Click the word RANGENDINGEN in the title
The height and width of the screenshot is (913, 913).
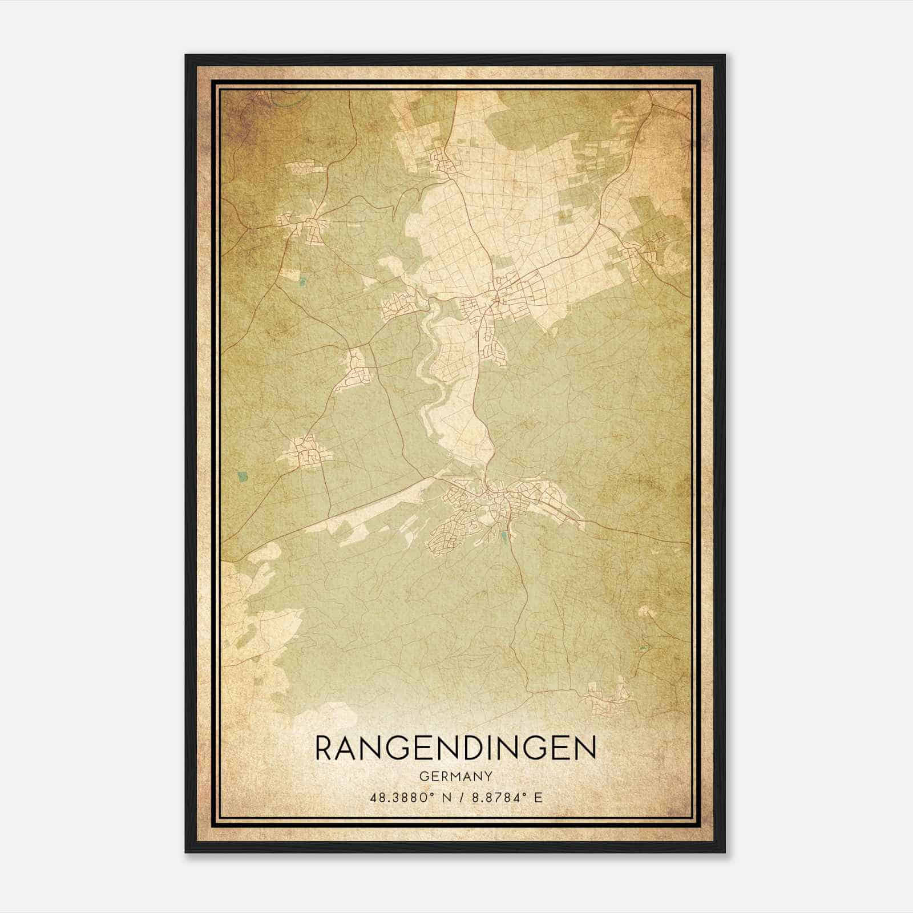455,748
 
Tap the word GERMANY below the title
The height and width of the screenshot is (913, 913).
455,777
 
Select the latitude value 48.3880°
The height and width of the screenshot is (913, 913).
403,797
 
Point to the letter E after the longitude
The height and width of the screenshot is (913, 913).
538,797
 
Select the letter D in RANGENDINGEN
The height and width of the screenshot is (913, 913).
476,748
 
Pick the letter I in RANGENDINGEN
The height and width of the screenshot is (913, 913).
497,748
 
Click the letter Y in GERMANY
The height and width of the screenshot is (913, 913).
488,777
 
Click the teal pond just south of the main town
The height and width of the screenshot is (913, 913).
503,536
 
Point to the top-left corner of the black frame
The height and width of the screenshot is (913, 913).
186,55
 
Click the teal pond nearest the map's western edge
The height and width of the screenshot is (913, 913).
243,475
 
